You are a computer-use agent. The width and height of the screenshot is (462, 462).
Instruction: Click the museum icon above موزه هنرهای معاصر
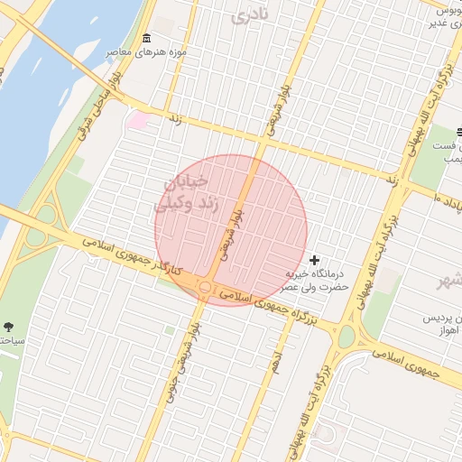(x=147, y=38)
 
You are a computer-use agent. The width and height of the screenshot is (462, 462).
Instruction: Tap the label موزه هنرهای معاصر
(x=147, y=52)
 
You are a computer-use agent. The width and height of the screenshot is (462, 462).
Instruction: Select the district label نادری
(x=250, y=14)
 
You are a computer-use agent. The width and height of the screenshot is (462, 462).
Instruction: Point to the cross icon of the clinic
(x=314, y=260)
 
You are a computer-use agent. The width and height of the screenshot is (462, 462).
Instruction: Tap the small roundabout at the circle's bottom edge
(x=206, y=288)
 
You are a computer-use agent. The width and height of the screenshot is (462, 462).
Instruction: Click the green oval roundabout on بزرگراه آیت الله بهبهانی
(x=346, y=337)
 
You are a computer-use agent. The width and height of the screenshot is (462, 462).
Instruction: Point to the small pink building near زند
(x=138, y=119)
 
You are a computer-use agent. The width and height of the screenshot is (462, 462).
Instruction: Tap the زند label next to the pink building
(x=175, y=118)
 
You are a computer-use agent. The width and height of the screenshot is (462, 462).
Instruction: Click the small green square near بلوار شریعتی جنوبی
(x=169, y=330)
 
